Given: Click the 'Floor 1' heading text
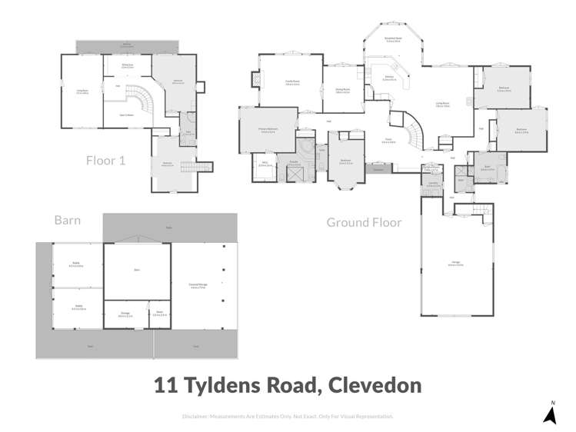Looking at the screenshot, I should [x=106, y=161].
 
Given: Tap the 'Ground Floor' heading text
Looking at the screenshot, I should [x=364, y=222].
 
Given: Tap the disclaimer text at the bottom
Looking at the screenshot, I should [x=288, y=417].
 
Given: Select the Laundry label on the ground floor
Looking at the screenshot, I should [x=433, y=184].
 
